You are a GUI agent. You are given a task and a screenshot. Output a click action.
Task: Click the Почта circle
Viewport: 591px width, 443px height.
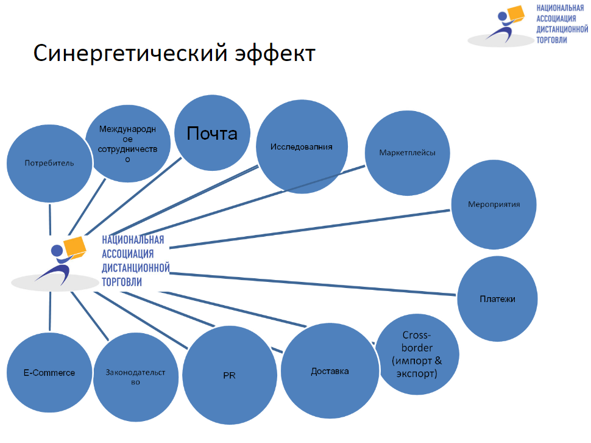[x=211, y=133]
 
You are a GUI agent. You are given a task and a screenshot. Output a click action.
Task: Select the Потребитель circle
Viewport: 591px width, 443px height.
[x=49, y=163]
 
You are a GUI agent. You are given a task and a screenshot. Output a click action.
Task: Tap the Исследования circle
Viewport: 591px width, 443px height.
[x=302, y=147]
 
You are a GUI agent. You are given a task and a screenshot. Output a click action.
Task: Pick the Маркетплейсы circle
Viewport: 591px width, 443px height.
[x=407, y=153]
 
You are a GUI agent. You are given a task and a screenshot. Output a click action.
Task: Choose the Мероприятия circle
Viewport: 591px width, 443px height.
[x=494, y=204]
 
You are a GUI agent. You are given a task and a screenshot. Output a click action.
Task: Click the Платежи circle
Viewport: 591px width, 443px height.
[x=497, y=299]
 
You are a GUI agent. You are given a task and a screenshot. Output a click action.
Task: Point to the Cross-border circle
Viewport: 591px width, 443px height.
[x=417, y=354]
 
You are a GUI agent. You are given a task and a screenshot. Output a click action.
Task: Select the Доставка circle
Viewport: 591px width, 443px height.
[x=330, y=371]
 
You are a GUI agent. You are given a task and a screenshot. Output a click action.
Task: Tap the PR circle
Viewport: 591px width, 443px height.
[x=229, y=375]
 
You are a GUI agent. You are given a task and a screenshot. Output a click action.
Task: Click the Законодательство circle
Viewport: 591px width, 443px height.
[x=136, y=377]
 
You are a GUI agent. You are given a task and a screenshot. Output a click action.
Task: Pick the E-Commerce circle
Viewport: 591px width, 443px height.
[x=49, y=372]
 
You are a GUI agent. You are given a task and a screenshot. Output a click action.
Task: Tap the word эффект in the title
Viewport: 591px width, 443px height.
[x=274, y=54]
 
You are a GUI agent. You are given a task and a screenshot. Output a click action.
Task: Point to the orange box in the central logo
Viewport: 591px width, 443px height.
[x=76, y=245]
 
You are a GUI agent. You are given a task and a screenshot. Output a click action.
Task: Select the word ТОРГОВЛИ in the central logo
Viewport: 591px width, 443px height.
[x=122, y=282]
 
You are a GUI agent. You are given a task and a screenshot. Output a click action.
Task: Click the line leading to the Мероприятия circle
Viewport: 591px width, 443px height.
[x=311, y=229]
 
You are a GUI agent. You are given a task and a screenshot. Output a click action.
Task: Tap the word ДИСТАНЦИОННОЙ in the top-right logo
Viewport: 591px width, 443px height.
[x=561, y=29]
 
